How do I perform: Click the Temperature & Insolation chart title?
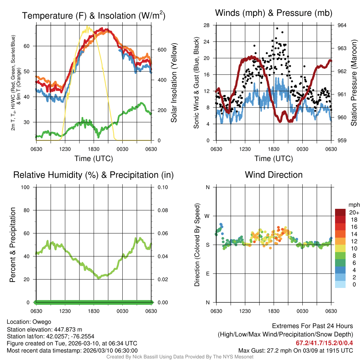94,16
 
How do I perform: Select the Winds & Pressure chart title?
274,13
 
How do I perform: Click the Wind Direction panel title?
274,175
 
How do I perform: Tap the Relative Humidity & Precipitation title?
94,175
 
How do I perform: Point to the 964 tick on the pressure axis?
342,25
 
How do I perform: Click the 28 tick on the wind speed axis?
207,25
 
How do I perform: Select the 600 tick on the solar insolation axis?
161,50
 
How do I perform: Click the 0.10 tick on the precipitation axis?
162,187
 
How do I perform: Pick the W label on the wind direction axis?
207,216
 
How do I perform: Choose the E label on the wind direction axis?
207,274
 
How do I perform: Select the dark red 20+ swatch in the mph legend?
340,212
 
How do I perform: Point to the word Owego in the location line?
42,322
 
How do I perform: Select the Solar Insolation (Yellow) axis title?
174,83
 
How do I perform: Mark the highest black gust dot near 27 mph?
277,28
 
